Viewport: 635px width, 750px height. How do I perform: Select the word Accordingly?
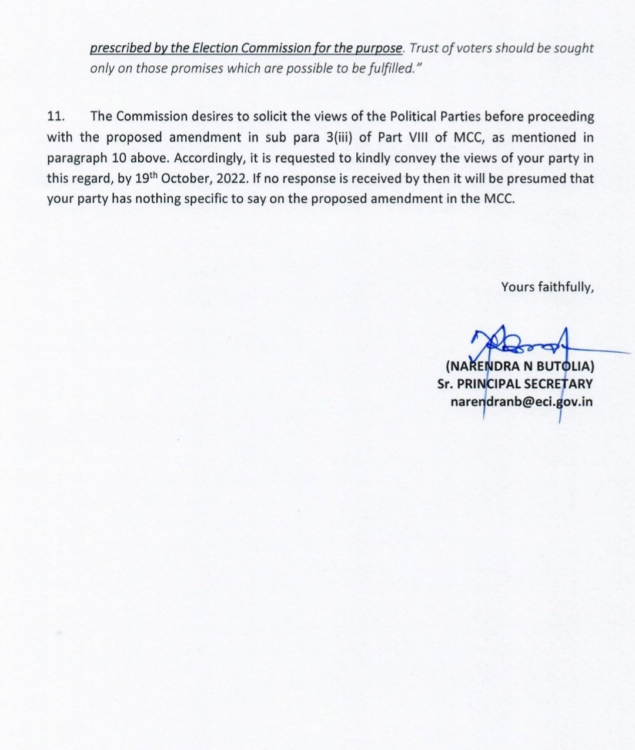coord(207,158)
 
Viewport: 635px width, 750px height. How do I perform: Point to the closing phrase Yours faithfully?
coord(547,287)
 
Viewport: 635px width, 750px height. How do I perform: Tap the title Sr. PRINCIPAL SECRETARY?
coord(514,384)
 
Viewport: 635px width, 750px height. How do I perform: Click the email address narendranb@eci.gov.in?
coord(521,402)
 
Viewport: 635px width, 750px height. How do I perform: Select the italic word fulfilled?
coord(387,68)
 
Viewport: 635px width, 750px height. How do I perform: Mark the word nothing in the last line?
coord(155,199)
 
